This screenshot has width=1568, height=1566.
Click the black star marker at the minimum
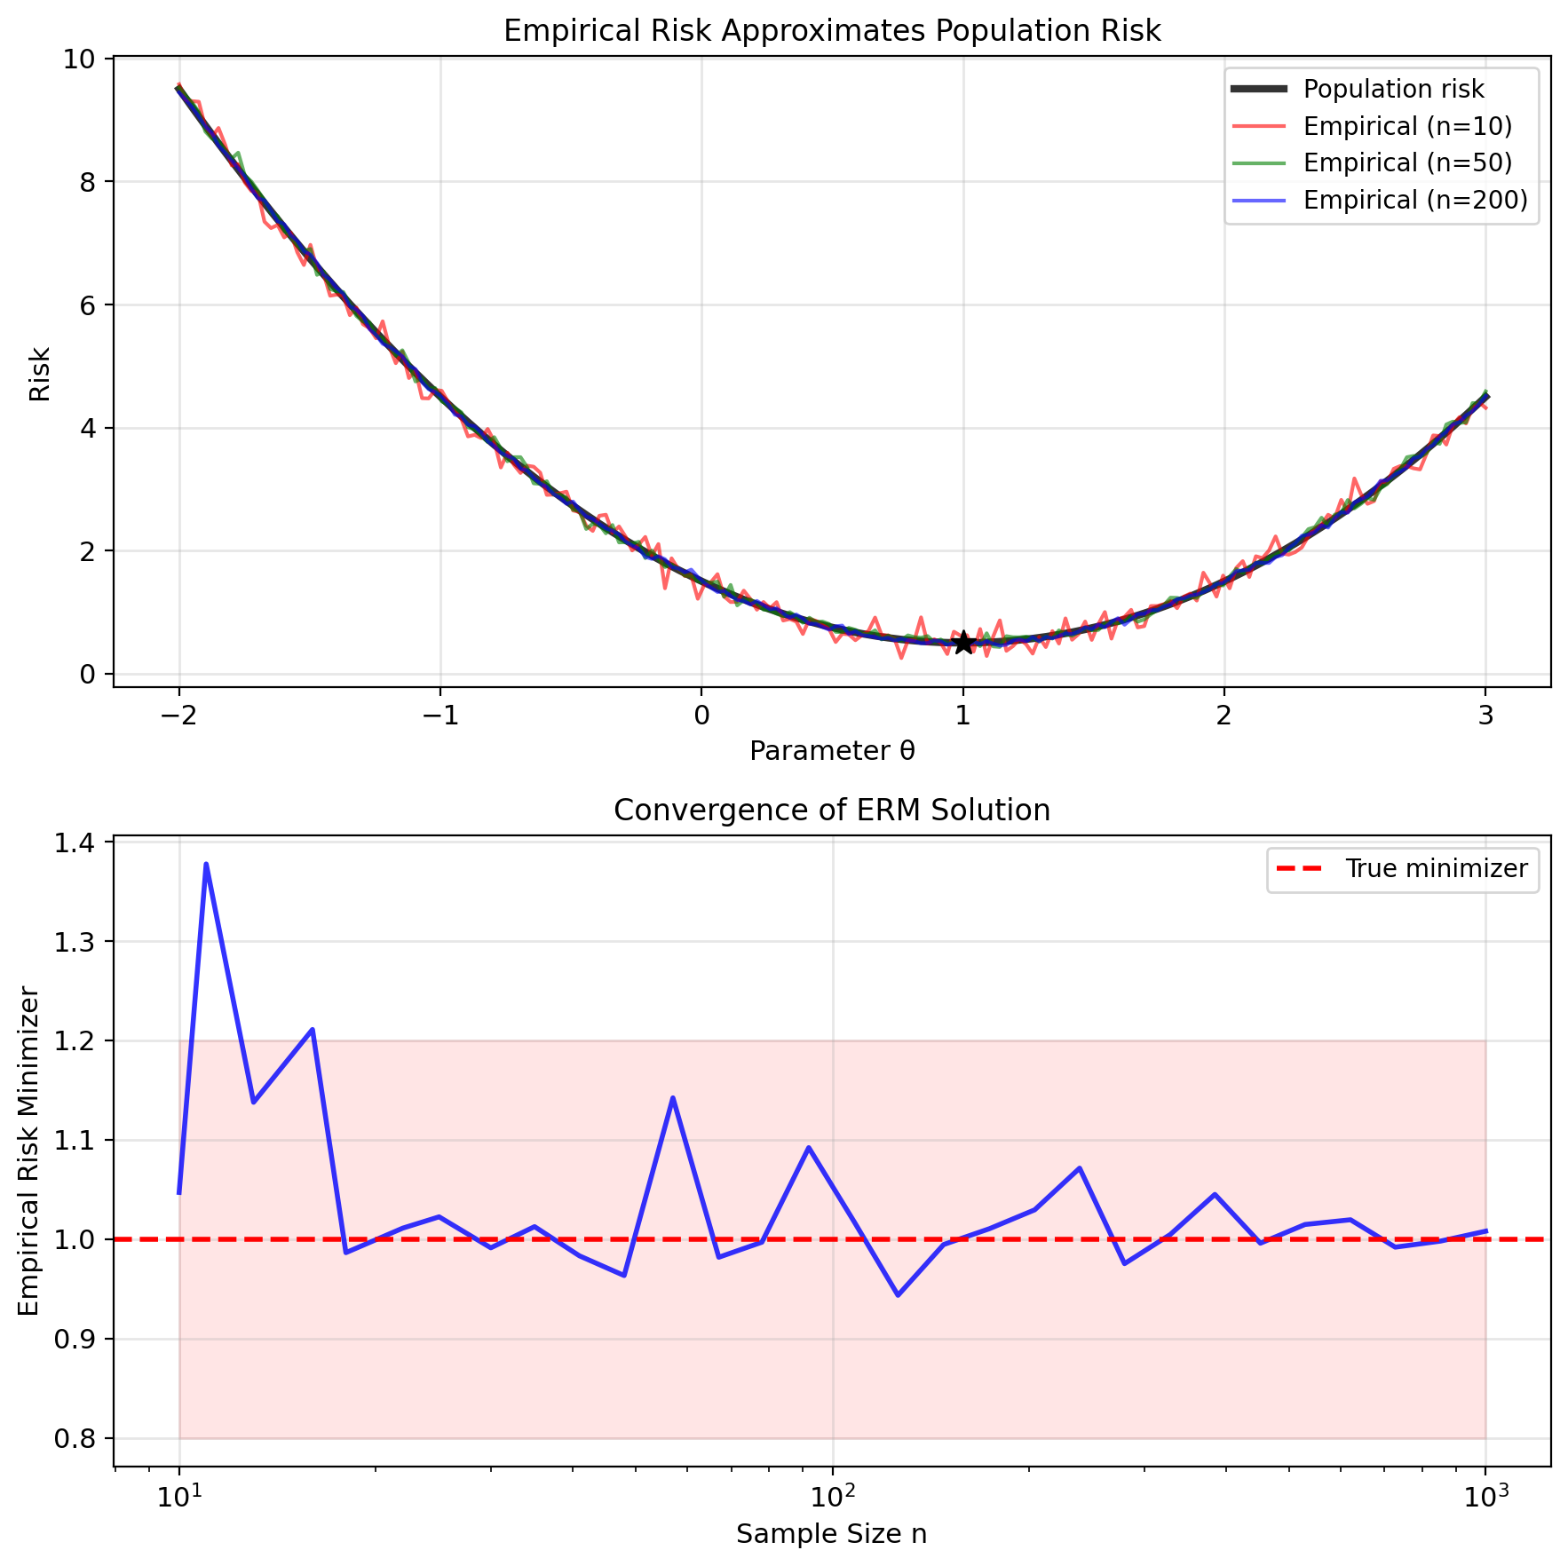coord(963,643)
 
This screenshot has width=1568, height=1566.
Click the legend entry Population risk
coord(1393,90)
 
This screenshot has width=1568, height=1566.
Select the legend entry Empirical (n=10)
coord(1407,127)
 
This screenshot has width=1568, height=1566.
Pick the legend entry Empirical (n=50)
coord(1407,163)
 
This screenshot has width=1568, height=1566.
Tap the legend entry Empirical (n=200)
coord(1415,201)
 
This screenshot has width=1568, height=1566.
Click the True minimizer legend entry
coord(1436,868)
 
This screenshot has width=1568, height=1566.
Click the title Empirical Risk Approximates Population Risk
coord(832,31)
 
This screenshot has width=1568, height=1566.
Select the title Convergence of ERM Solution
coord(832,811)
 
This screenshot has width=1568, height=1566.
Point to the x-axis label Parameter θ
coord(832,752)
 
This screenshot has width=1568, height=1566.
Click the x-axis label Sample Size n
coord(832,1534)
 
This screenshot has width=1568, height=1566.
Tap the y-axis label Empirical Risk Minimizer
coord(29,1151)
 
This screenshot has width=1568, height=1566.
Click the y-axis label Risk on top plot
coord(40,374)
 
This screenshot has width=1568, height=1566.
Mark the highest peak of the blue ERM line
coord(206,863)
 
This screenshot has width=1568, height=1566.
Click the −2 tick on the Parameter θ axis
coord(178,716)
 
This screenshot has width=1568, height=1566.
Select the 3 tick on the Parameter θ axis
coord(1485,716)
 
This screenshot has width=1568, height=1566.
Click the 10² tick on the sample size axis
coord(832,1498)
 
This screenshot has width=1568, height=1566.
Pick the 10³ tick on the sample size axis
coord(1485,1498)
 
